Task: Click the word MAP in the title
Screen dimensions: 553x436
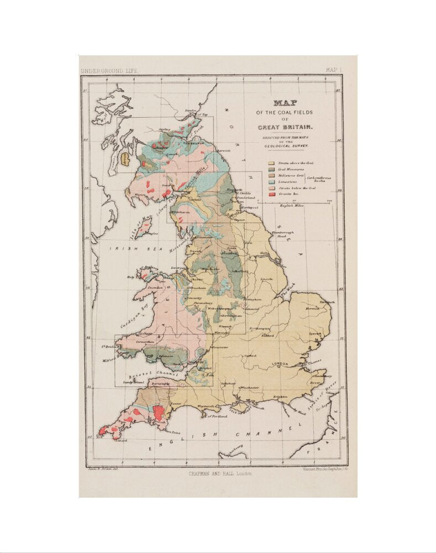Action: click(x=285, y=103)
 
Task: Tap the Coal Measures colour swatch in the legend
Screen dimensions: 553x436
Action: click(x=271, y=169)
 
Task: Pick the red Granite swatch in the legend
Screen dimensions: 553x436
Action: click(x=271, y=195)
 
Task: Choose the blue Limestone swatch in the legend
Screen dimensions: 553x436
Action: click(x=271, y=182)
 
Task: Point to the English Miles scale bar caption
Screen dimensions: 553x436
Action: click(x=293, y=206)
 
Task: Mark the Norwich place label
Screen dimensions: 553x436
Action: click(x=313, y=308)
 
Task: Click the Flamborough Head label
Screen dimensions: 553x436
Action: click(x=283, y=234)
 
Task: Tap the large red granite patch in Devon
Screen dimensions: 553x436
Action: click(x=158, y=413)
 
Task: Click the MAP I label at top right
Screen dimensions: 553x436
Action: click(x=333, y=70)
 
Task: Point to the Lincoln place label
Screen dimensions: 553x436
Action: click(x=267, y=279)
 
